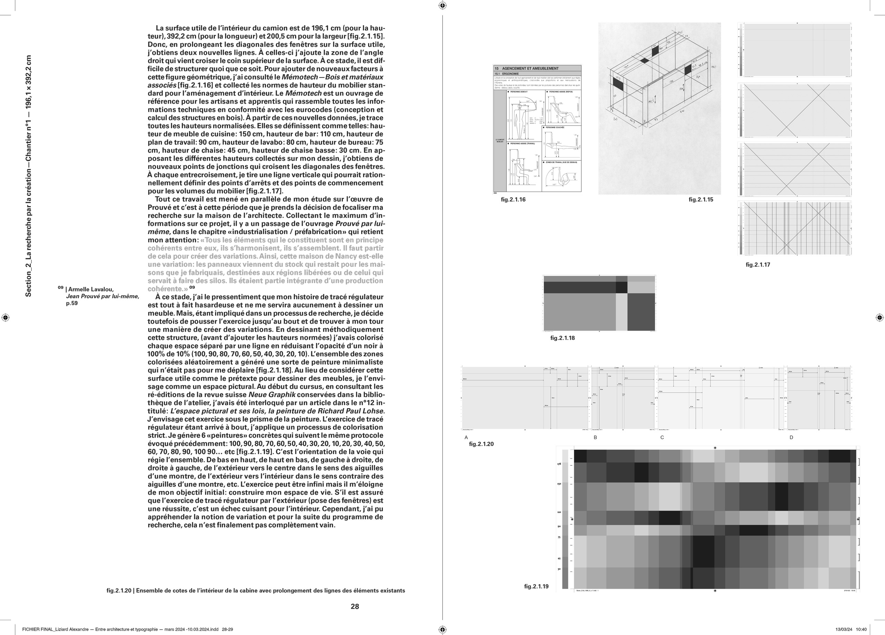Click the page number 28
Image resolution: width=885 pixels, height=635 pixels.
[x=355, y=606]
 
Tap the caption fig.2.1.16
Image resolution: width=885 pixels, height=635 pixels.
[x=513, y=200]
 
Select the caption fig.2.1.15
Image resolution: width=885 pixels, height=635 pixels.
[x=701, y=200]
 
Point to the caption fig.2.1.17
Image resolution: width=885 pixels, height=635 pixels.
[x=758, y=265]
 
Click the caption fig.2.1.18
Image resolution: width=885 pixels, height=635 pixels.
[x=562, y=338]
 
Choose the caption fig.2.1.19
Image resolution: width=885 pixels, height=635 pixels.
[x=536, y=586]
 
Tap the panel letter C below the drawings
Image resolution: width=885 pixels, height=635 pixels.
[x=662, y=437]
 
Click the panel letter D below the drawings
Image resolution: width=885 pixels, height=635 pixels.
[x=791, y=437]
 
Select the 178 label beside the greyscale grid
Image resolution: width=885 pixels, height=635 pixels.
[x=559, y=464]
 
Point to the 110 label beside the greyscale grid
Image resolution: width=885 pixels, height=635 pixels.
[x=559, y=512]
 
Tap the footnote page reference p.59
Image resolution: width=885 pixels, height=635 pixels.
[x=72, y=303]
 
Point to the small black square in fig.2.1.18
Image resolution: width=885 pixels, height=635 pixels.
[x=621, y=287]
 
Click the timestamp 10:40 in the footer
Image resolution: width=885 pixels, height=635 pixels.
[x=861, y=629]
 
